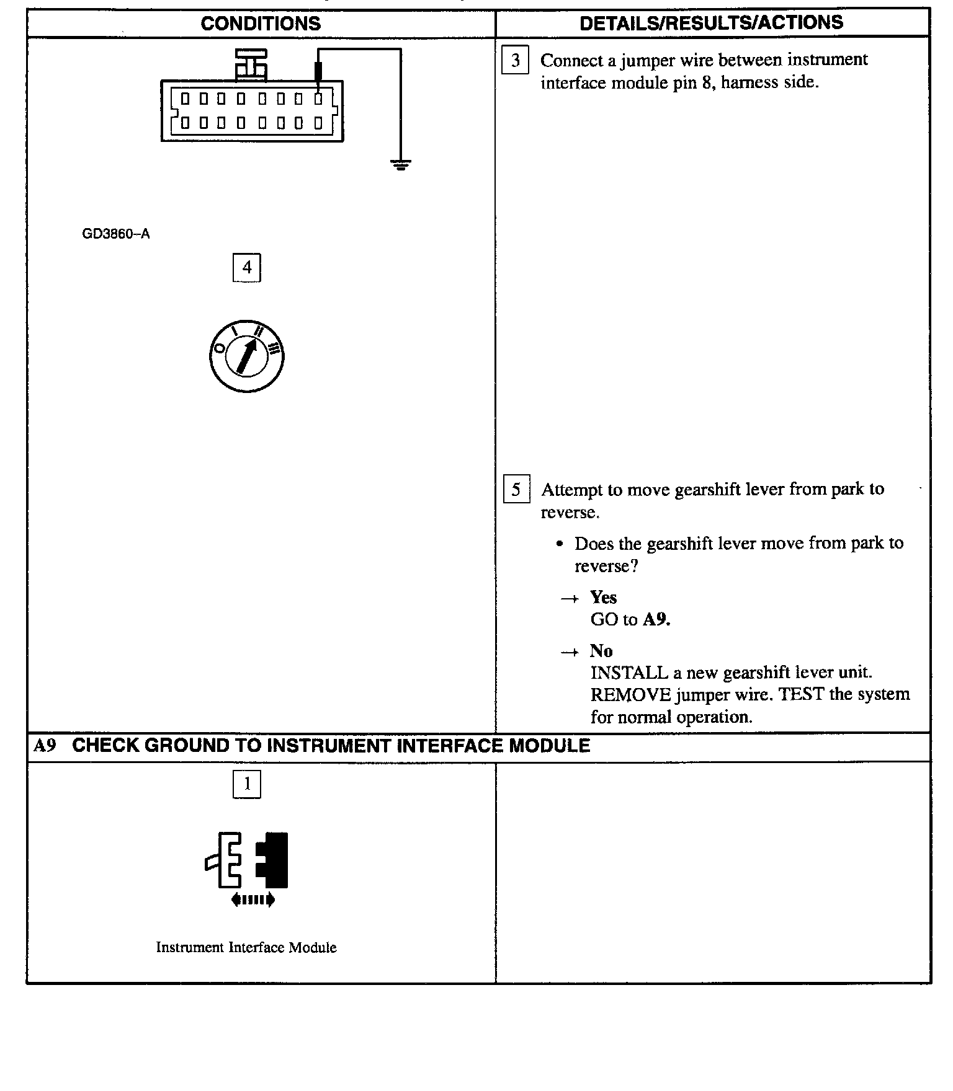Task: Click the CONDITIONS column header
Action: [x=261, y=24]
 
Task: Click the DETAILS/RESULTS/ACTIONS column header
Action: [x=711, y=23]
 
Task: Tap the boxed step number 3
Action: [x=515, y=61]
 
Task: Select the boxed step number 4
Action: [x=247, y=268]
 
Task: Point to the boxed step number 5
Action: [x=516, y=490]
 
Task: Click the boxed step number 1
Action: [x=247, y=784]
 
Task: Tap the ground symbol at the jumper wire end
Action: [x=401, y=165]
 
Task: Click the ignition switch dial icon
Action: [x=247, y=356]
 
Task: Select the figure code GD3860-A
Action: [x=116, y=234]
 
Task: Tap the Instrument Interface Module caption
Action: [x=246, y=947]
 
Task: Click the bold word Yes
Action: [x=603, y=597]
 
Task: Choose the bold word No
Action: [x=601, y=651]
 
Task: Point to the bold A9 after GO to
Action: [x=656, y=619]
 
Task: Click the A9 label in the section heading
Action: [x=45, y=746]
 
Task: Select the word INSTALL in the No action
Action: [x=629, y=673]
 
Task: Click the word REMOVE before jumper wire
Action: [x=630, y=695]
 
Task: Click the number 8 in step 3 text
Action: [x=707, y=82]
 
